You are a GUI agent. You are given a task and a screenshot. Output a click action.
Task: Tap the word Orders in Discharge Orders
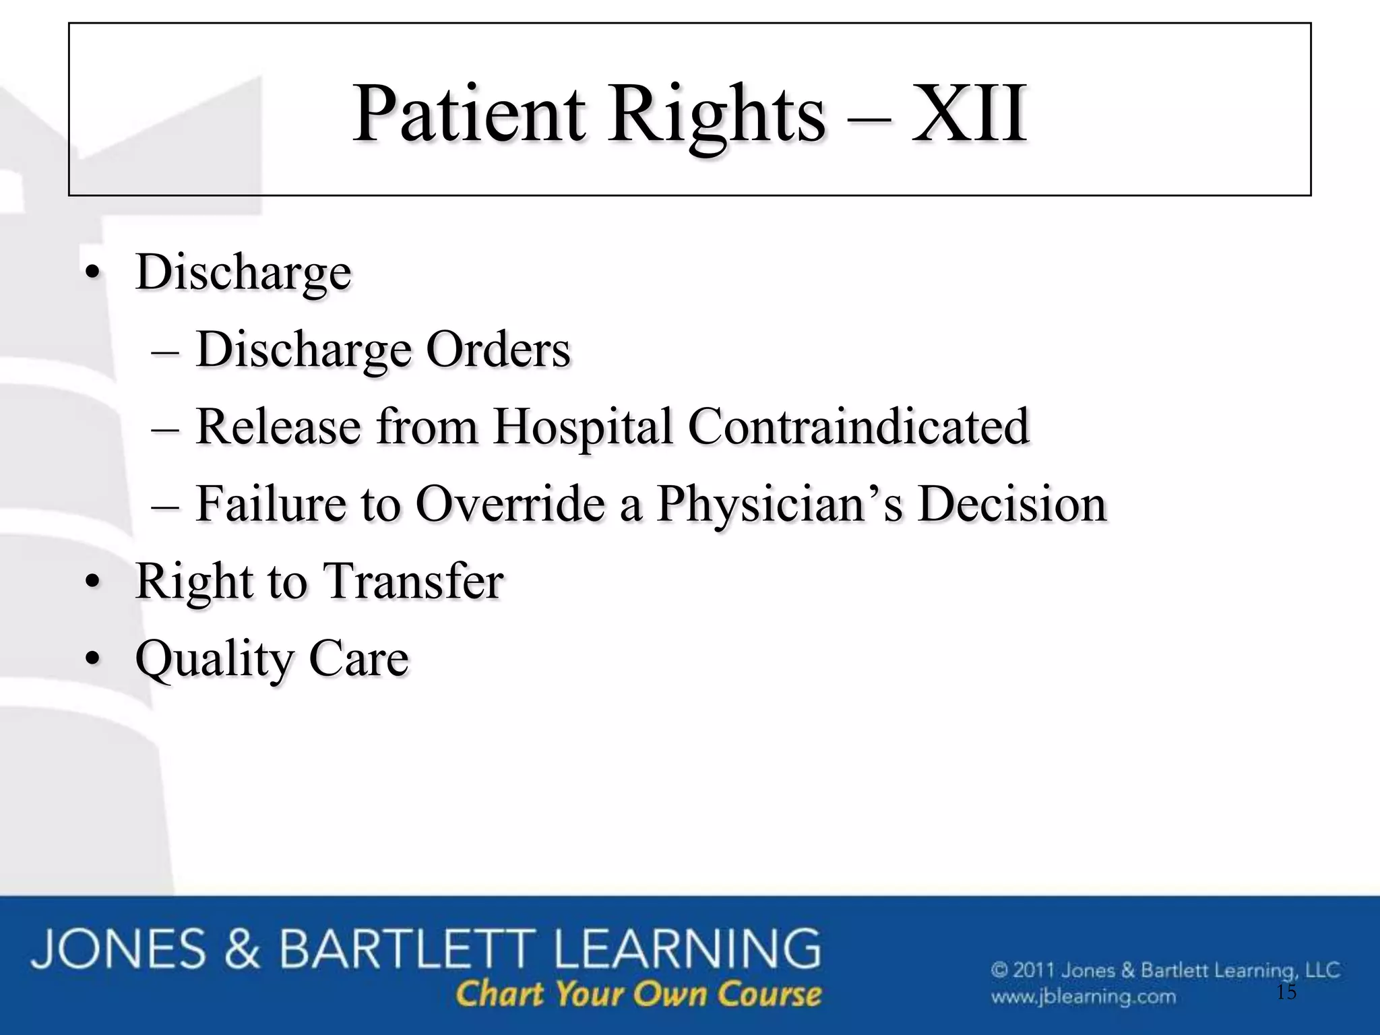(x=498, y=350)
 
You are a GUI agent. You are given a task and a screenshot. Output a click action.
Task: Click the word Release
(x=278, y=427)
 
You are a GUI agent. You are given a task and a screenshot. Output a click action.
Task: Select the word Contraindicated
(x=858, y=427)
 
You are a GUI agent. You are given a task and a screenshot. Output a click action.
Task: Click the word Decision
(x=1012, y=504)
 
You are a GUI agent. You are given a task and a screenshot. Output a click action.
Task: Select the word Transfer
(x=413, y=581)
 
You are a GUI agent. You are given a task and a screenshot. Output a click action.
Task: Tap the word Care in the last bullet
(x=358, y=658)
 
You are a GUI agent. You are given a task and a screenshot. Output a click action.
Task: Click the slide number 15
(x=1286, y=992)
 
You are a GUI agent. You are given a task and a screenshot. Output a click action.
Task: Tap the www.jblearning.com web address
(x=1084, y=996)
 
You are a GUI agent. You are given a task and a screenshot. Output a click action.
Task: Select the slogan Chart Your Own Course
(x=638, y=994)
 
